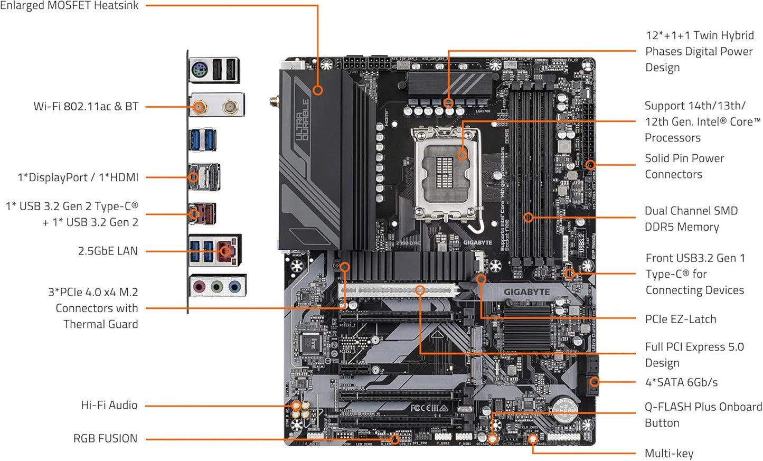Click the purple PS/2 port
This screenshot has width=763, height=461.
coord(199,70)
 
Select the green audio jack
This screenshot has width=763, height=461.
coord(216,287)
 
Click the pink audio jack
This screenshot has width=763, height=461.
coord(199,287)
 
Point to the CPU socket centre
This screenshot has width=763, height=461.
coord(448,168)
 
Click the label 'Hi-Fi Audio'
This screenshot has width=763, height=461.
coord(109,405)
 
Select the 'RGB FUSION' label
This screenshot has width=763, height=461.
coord(105,438)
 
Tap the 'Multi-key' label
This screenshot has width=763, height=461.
coord(669,453)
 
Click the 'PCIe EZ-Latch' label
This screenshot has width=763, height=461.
coord(681,319)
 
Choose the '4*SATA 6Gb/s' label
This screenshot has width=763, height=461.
coord(681,382)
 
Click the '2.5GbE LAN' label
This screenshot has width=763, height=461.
coord(108,251)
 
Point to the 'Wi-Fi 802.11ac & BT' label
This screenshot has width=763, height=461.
coord(86,106)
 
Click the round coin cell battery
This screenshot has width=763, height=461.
coord(564,410)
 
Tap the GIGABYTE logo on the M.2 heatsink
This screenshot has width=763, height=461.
coord(526,291)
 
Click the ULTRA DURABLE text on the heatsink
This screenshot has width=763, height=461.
coord(303,120)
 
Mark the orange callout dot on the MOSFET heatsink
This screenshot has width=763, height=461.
coord(317,90)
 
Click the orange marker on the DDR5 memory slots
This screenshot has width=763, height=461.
coord(529,217)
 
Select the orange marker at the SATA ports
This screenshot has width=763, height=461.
coord(594,382)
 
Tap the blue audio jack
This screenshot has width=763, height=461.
coord(234,287)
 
